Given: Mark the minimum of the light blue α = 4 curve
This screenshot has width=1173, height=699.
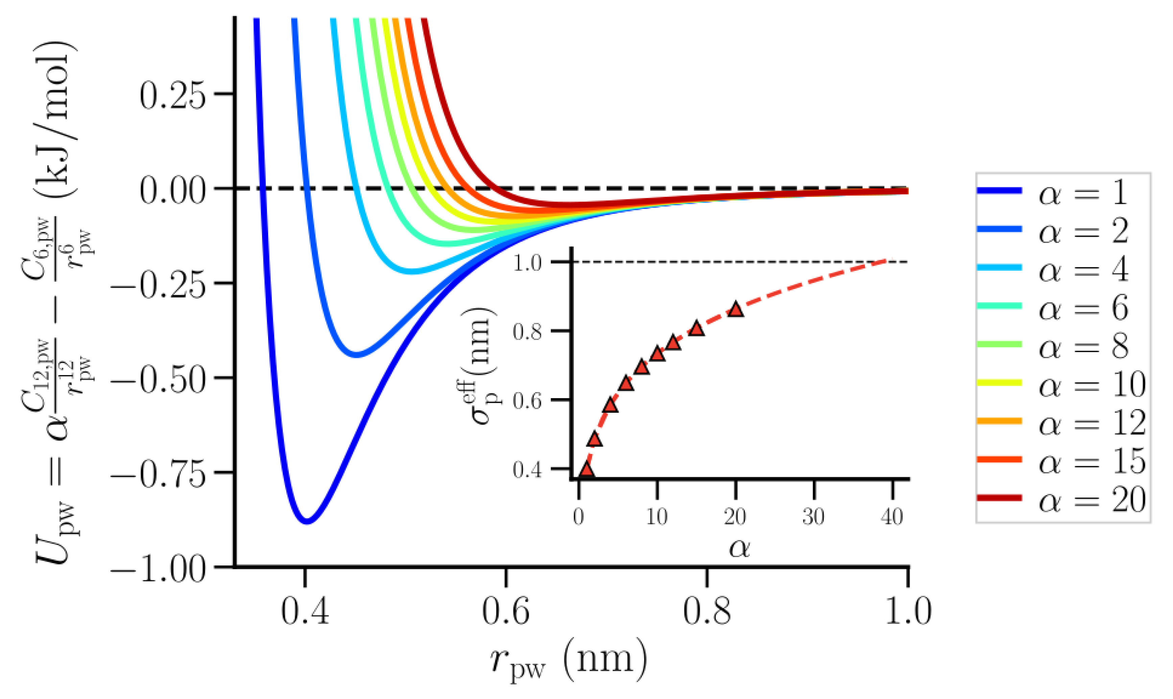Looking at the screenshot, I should click(x=412, y=272).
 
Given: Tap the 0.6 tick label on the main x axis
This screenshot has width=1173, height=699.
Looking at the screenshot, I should click(x=506, y=612).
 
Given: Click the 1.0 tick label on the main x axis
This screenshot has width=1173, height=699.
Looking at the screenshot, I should click(x=908, y=612).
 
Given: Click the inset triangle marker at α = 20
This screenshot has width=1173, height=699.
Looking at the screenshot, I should click(x=735, y=310).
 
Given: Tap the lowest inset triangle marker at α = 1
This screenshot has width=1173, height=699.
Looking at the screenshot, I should click(x=586, y=469).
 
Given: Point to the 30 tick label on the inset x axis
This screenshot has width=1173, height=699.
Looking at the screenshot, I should click(x=814, y=517).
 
